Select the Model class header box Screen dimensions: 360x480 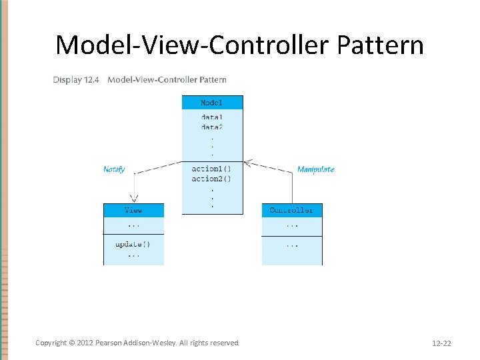[x=212, y=103]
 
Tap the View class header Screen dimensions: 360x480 [x=133, y=210]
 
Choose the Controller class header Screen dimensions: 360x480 [x=291, y=210]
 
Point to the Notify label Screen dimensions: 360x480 [x=114, y=169]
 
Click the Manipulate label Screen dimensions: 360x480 [x=315, y=169]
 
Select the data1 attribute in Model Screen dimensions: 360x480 [x=212, y=117]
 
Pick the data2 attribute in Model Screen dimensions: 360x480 [x=212, y=127]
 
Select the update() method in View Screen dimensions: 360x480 [x=133, y=244]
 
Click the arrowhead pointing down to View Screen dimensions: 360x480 [x=134, y=198]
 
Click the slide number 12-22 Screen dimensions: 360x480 [x=441, y=343]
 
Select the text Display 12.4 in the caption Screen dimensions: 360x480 [x=77, y=80]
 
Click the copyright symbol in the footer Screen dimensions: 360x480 [x=71, y=343]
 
